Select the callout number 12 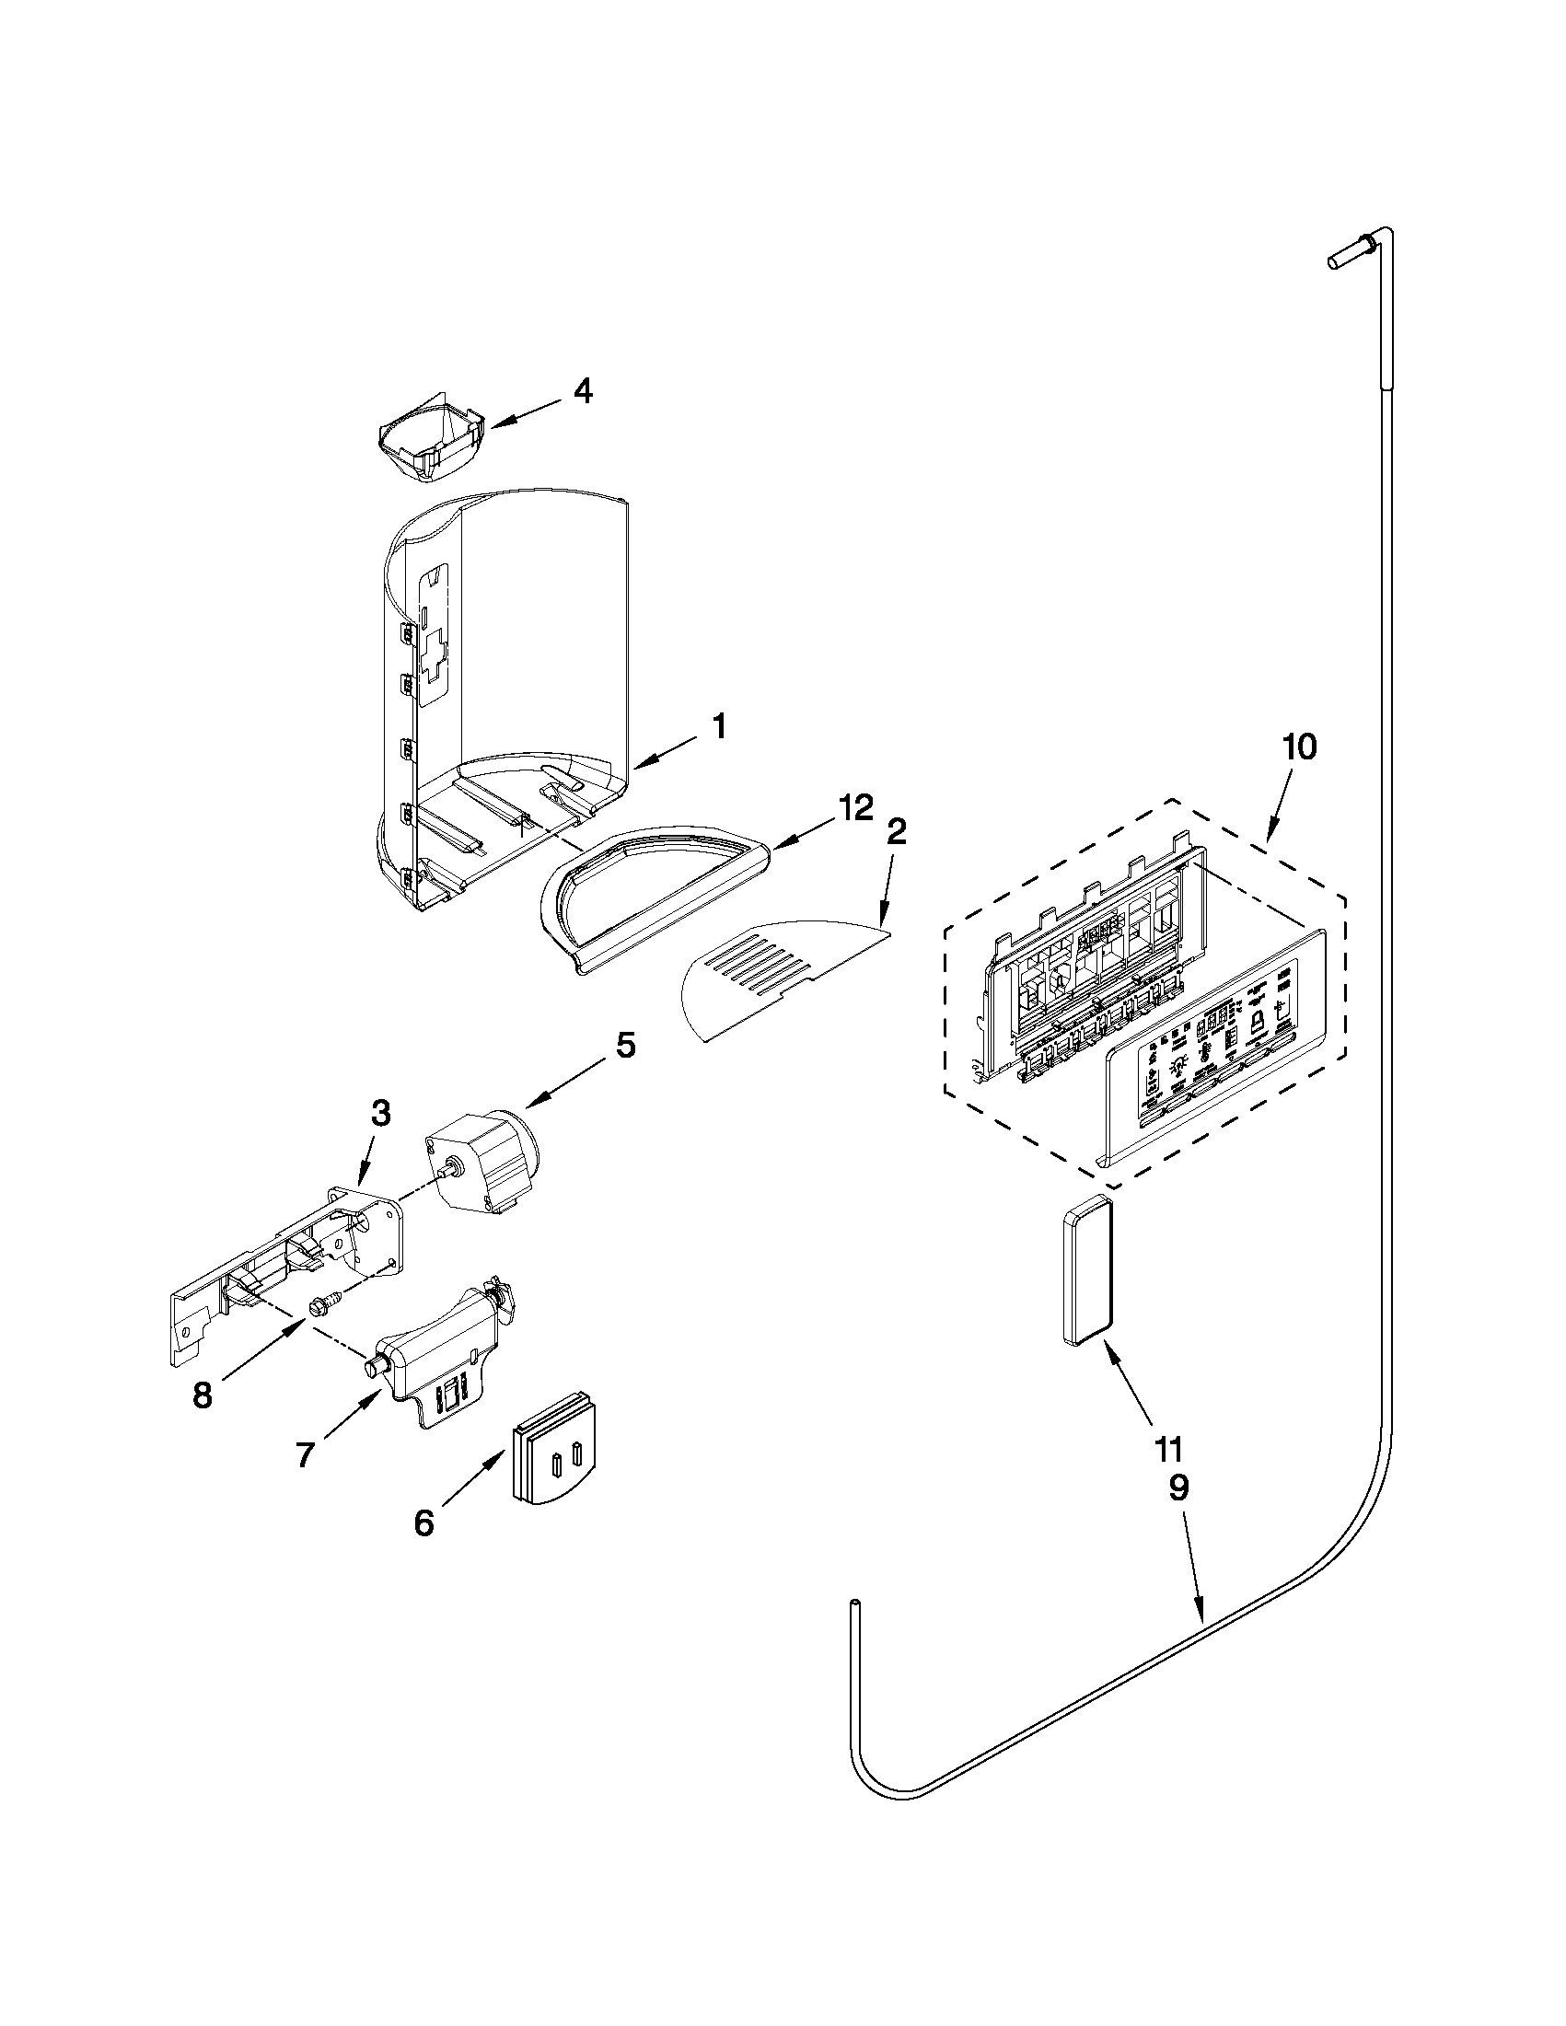(x=854, y=807)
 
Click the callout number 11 (x=1169, y=1446)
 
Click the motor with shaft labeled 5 (x=482, y=1155)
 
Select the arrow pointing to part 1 (x=667, y=752)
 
